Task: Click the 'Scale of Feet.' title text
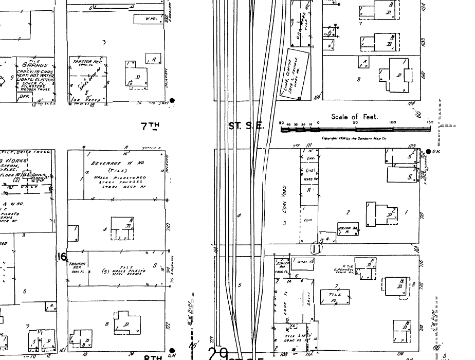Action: [x=354, y=117]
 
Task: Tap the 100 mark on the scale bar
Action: [x=393, y=122]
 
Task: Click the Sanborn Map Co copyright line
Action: [x=354, y=138]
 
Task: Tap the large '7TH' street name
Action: [x=150, y=125]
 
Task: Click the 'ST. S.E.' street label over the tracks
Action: [x=246, y=125]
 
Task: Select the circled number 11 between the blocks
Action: [x=316, y=248]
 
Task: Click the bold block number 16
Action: [x=62, y=256]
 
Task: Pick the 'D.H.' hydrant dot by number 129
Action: [x=429, y=151]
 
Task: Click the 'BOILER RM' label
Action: [x=282, y=265]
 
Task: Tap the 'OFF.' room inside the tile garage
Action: [x=24, y=96]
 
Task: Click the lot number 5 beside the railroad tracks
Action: [x=239, y=285]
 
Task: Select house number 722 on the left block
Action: [x=168, y=326]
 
